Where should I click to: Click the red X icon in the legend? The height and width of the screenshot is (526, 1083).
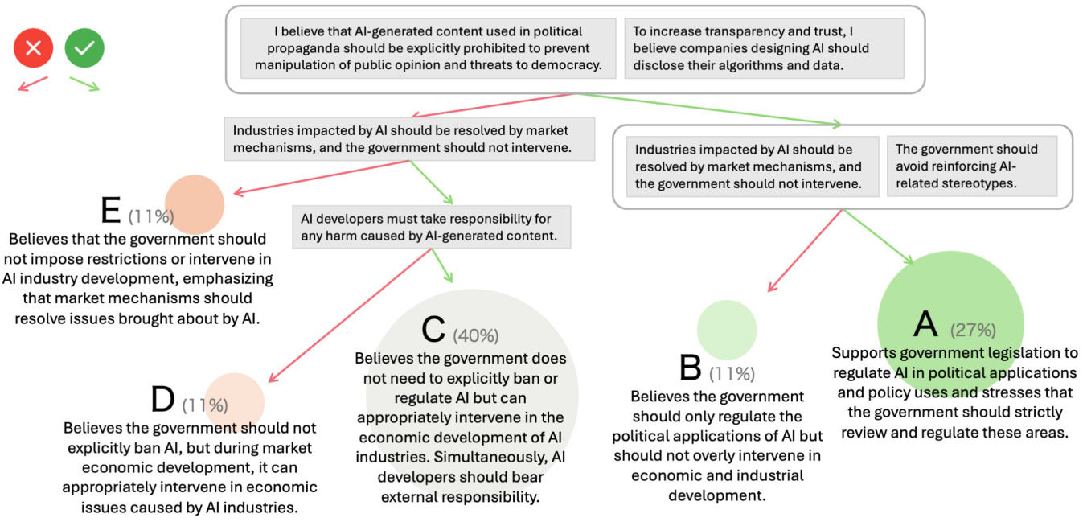coord(33,49)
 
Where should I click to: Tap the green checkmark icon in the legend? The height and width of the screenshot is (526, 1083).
coord(84,48)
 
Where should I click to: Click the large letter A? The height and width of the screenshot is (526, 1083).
coord(926,323)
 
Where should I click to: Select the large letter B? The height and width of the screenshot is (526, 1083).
coord(691,368)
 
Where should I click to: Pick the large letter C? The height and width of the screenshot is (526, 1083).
coord(433,330)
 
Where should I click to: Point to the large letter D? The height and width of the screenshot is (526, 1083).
coord(162,400)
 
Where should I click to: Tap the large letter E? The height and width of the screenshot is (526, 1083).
coord(111,211)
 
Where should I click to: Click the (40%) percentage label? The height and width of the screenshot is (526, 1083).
coord(476,335)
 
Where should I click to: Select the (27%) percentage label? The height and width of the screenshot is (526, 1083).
coord(973,330)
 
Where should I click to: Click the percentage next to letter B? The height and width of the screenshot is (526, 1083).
coord(732,373)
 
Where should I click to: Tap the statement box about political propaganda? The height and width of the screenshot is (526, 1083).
coord(428,48)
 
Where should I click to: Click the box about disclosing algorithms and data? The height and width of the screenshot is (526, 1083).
coord(764,48)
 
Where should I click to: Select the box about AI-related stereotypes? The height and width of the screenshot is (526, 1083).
coord(971,166)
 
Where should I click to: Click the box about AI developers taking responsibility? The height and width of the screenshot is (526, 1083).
coord(432,227)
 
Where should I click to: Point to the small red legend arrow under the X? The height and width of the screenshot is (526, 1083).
coord(34,83)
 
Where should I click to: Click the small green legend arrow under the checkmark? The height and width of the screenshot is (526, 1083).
coord(84,84)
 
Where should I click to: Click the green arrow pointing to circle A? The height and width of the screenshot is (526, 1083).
coord(878,238)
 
